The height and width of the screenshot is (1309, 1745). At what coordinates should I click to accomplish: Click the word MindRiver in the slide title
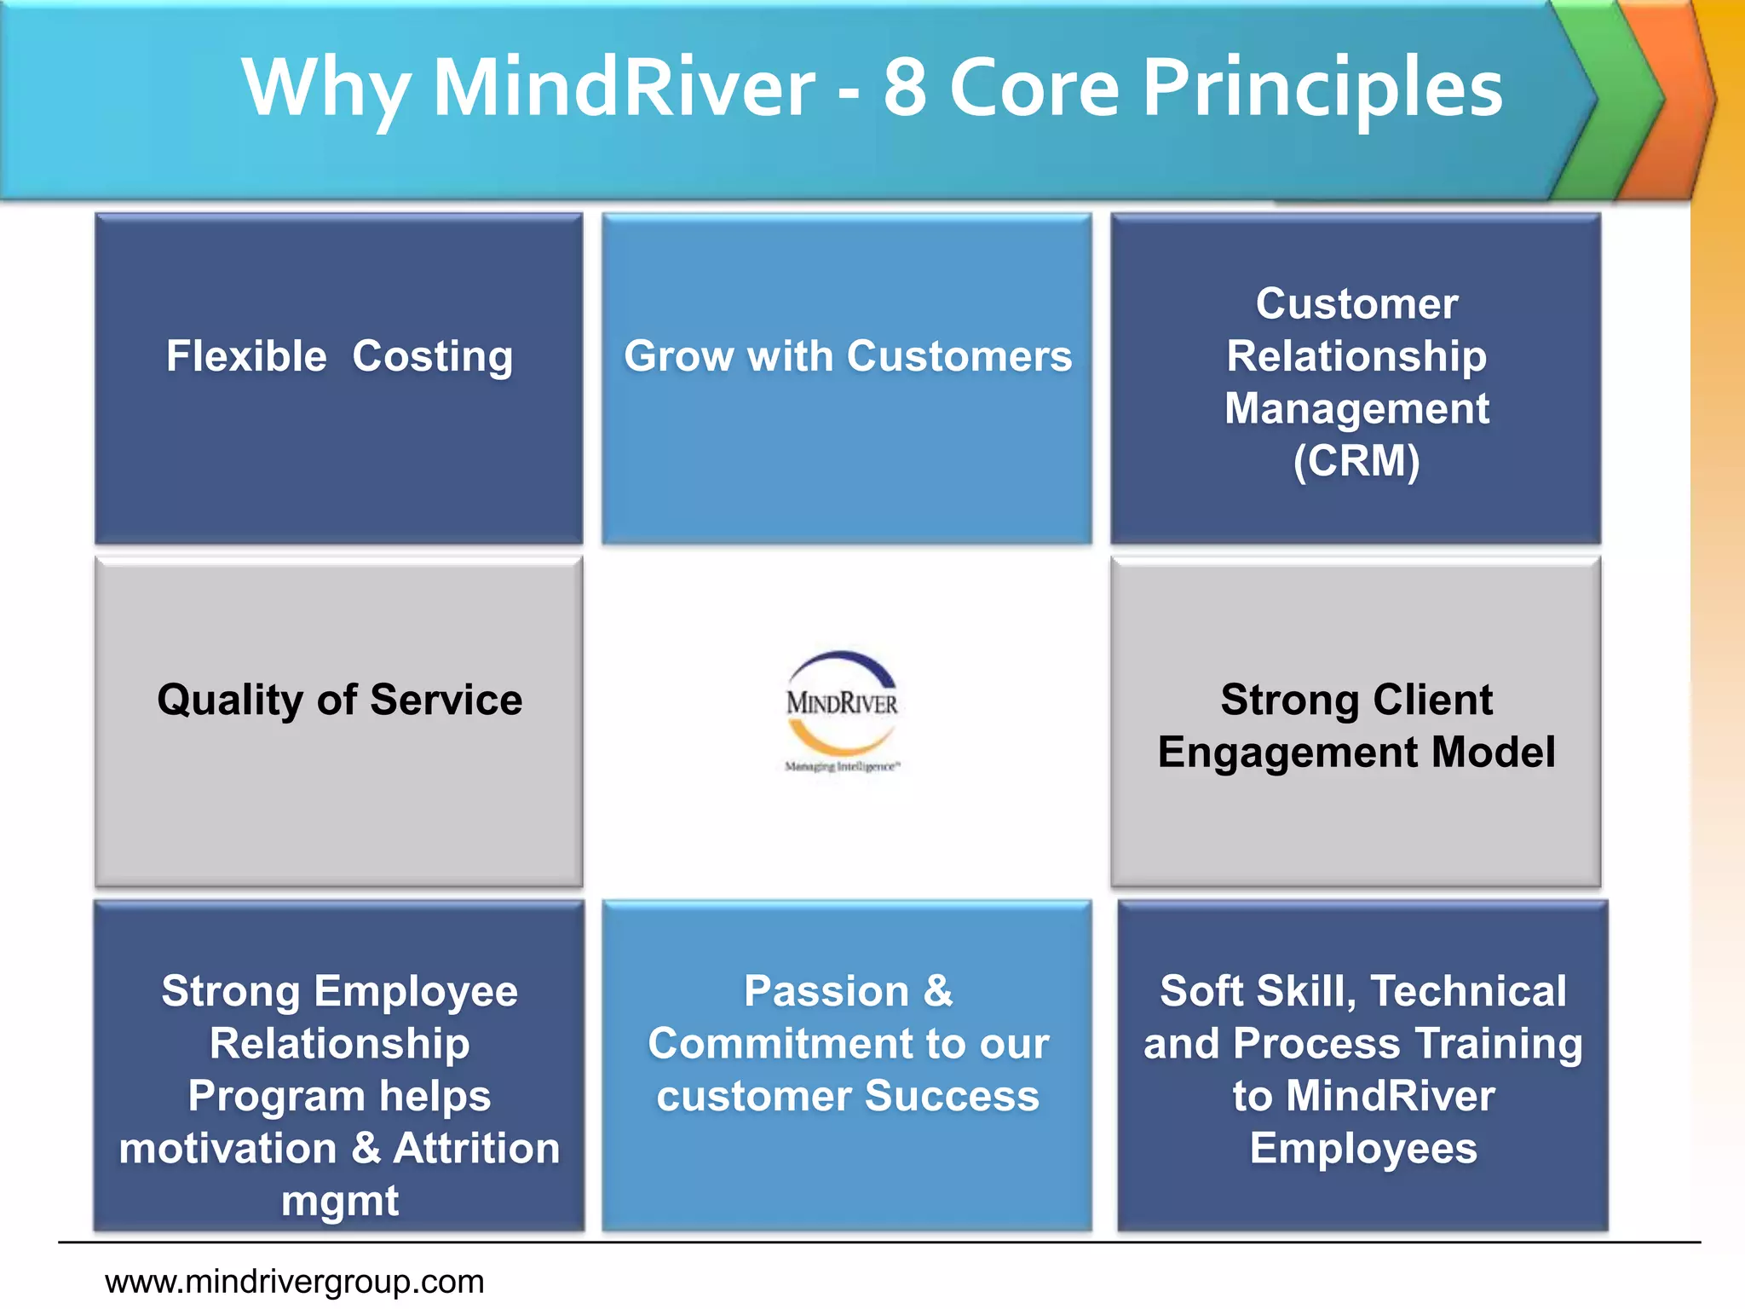pos(624,88)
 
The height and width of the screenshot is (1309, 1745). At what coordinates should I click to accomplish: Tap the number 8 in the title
pos(904,88)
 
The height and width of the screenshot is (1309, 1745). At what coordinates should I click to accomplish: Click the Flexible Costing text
pos(339,356)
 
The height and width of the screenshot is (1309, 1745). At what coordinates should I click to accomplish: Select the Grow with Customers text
pos(847,356)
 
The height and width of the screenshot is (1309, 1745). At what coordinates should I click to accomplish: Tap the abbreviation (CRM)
pos(1356,461)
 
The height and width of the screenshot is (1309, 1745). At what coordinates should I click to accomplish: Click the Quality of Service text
pos(339,701)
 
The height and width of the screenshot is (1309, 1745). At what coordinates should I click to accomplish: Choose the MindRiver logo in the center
pos(842,703)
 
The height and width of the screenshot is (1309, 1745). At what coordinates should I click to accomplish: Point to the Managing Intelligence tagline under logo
pos(842,767)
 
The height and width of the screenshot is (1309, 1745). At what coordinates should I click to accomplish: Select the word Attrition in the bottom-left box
pos(476,1149)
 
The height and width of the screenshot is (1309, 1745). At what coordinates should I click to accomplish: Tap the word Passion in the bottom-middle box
pos(826,991)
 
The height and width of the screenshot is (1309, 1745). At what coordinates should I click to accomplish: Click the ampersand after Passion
pos(937,991)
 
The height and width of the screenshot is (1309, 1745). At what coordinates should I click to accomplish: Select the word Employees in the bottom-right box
pos(1362,1149)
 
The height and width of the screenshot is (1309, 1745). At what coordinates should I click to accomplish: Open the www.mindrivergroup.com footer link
pos(294,1282)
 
